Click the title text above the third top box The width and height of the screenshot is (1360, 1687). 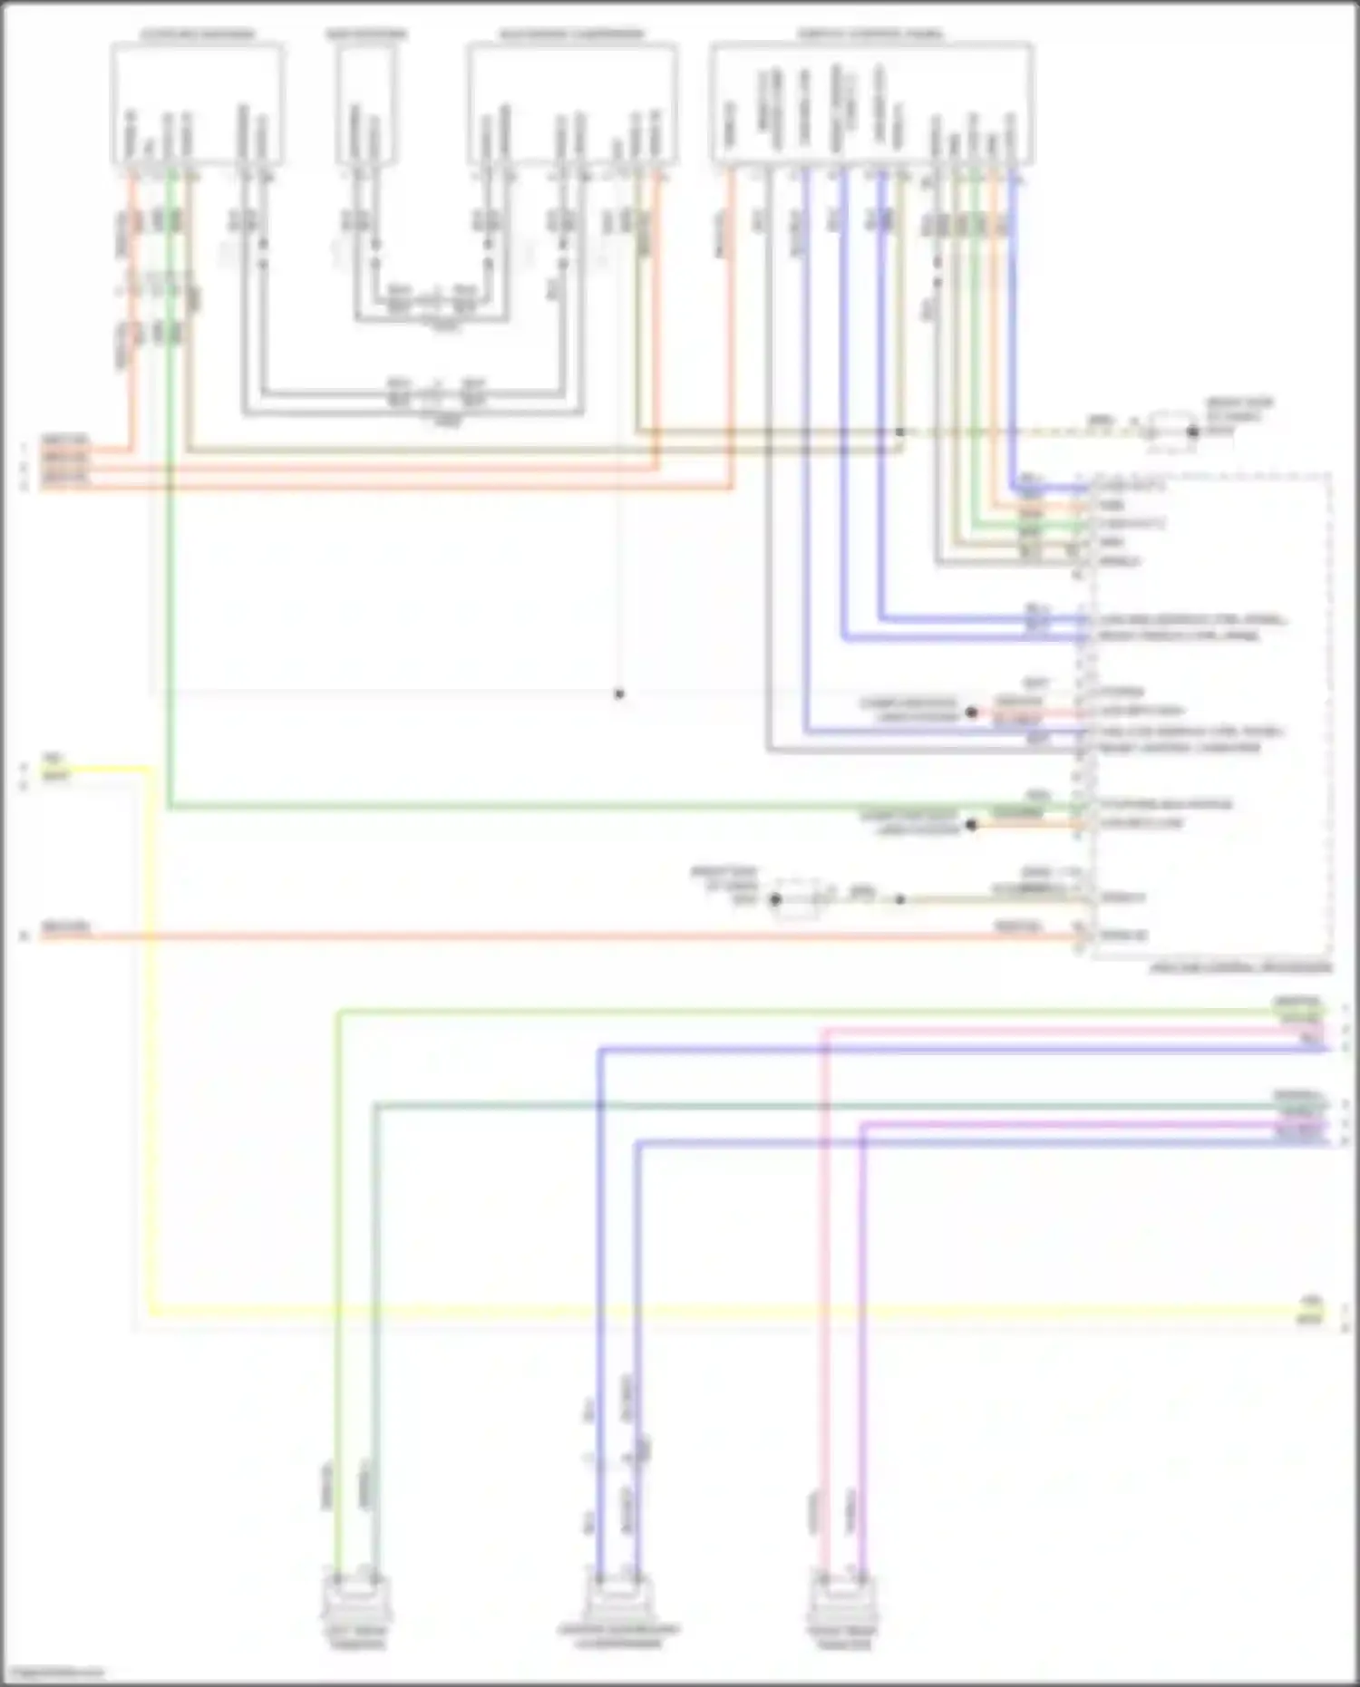point(571,34)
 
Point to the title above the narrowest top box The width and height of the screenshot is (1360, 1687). point(366,34)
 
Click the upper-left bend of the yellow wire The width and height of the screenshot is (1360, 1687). point(151,770)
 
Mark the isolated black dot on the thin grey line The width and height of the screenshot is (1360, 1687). point(619,694)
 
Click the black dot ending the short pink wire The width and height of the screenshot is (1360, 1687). point(971,713)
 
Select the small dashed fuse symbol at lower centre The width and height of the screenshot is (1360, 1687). point(797,898)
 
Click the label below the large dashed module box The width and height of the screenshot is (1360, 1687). point(1240,967)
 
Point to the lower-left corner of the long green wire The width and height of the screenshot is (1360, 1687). point(170,806)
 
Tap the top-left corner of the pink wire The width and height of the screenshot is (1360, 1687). point(825,1031)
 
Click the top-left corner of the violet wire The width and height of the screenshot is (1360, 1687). point(862,1125)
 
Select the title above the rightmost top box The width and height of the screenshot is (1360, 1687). point(869,34)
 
